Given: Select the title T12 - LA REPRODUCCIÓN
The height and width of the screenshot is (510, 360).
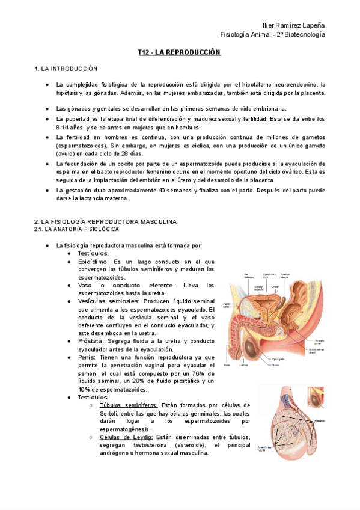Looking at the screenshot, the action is point(180,53).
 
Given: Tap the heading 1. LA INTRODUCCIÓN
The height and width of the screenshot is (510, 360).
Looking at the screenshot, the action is point(66,69).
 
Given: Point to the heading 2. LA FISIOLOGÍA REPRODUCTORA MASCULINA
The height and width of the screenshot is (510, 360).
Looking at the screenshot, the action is point(105,221).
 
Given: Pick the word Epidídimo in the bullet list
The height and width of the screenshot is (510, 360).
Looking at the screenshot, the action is point(93,262).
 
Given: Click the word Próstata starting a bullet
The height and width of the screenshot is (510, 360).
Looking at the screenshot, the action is point(91,341).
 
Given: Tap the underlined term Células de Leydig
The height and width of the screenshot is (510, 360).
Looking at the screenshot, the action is point(126,437).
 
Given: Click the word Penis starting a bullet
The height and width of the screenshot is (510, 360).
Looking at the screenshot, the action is point(87,357).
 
